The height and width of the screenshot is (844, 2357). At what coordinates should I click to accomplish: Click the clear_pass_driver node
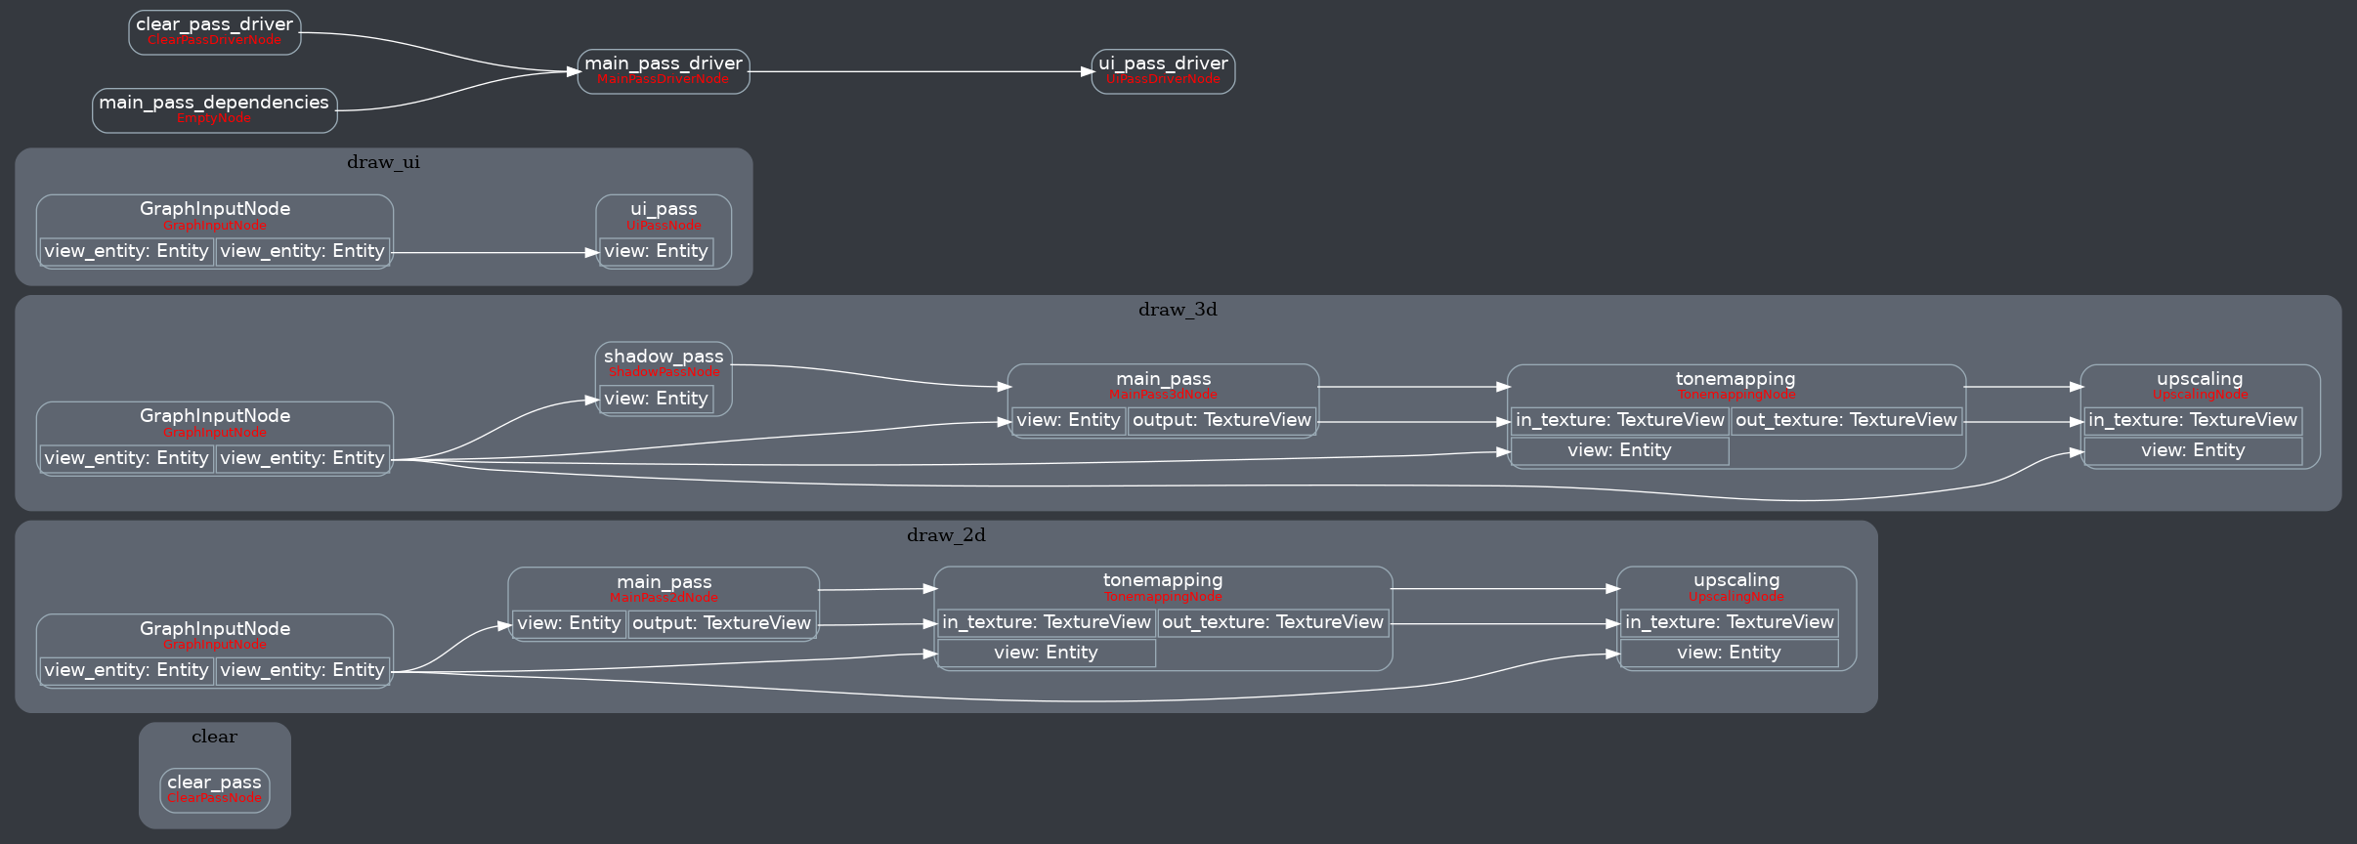(x=214, y=31)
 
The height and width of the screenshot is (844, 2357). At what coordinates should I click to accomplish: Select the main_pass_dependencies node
(x=214, y=109)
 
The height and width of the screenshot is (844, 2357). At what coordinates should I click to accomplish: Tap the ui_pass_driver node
(x=1163, y=70)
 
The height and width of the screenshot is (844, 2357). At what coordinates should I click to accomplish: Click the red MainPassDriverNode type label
(x=663, y=80)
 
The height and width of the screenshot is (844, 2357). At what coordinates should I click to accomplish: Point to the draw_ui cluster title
(x=383, y=162)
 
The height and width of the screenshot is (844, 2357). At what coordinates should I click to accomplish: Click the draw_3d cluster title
(x=1178, y=310)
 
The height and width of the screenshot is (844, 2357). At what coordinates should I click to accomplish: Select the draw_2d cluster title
(x=946, y=535)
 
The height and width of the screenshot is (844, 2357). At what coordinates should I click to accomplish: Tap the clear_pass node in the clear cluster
(x=214, y=789)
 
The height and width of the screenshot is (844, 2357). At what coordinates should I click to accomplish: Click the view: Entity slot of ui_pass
(x=656, y=252)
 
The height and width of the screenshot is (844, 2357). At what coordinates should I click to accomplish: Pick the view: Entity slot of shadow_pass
(x=656, y=400)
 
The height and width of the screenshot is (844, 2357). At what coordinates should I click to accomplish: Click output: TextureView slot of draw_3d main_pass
(x=1221, y=421)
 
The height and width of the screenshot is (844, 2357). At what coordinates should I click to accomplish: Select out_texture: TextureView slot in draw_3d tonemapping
(x=1846, y=421)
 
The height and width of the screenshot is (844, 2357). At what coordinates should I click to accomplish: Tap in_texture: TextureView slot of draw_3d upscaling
(x=2192, y=421)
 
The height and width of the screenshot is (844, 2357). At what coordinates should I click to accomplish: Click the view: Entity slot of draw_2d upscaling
(x=1728, y=654)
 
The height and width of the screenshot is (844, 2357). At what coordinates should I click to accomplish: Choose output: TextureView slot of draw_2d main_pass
(x=721, y=624)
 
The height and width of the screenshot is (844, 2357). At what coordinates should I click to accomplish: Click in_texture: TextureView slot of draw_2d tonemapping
(x=1046, y=623)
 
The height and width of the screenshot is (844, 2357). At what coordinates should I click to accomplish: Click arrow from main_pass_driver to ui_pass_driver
(x=919, y=71)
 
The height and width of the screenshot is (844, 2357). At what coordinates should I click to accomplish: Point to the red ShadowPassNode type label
(x=664, y=373)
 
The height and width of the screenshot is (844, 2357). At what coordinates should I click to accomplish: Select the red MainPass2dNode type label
(x=664, y=599)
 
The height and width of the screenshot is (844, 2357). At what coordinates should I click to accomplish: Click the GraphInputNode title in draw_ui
(x=214, y=209)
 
